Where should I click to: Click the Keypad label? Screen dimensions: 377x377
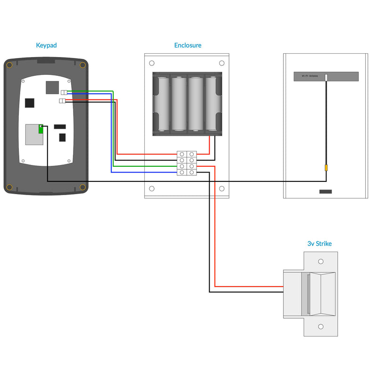(x=46, y=46)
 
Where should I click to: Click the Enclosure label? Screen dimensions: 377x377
(x=188, y=46)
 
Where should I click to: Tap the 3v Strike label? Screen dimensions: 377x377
(x=319, y=244)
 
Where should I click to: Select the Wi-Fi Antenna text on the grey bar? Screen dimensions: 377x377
(x=306, y=76)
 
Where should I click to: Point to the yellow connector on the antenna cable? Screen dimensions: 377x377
(x=326, y=168)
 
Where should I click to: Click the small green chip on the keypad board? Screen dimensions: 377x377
(x=41, y=128)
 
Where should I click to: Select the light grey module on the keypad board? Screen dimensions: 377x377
(x=33, y=134)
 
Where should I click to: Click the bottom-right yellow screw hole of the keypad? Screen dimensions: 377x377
(x=82, y=188)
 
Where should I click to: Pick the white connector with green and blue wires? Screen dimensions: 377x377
(x=64, y=92)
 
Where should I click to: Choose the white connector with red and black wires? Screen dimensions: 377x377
(x=63, y=100)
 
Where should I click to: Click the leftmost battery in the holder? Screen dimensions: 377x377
(x=163, y=104)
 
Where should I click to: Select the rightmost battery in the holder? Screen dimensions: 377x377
(x=211, y=104)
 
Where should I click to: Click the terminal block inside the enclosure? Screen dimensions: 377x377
(x=187, y=164)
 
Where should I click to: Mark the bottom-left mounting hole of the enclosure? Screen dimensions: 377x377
(x=152, y=188)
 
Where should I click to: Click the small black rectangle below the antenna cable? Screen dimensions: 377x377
(x=325, y=191)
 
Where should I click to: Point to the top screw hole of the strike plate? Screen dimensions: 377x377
(x=321, y=261)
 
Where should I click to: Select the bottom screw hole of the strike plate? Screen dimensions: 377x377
(x=321, y=326)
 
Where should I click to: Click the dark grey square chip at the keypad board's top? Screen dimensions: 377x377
(x=52, y=87)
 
